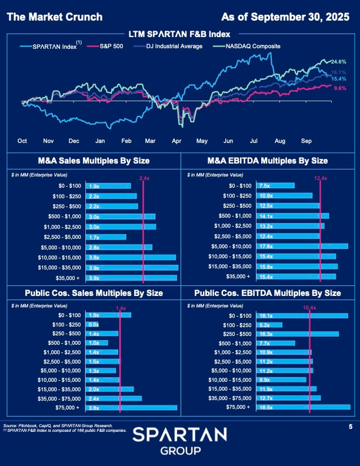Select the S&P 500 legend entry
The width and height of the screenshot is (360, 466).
click(x=115, y=46)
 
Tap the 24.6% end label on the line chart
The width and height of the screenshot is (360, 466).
click(x=339, y=62)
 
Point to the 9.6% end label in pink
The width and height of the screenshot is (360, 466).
click(x=339, y=88)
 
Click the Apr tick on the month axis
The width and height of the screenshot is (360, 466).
click(x=176, y=141)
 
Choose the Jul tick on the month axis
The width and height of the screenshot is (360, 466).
click(x=254, y=141)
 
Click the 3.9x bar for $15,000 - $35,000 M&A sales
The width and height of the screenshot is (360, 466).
click(x=132, y=267)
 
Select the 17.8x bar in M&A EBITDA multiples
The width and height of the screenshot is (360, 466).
click(x=302, y=247)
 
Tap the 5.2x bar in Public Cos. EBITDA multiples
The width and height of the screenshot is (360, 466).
click(x=269, y=324)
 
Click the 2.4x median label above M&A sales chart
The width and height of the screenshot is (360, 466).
click(x=144, y=178)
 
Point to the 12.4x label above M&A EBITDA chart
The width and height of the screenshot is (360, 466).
click(x=320, y=178)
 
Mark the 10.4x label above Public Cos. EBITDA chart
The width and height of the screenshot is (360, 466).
click(x=309, y=308)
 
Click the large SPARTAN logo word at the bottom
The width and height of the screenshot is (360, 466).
click(x=179, y=435)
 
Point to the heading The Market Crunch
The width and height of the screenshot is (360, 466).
click(x=54, y=17)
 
